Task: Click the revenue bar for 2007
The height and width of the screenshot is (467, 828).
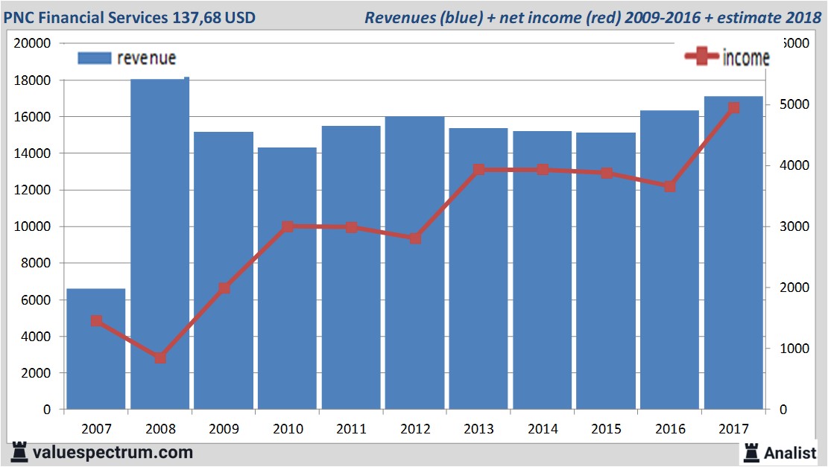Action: (96, 350)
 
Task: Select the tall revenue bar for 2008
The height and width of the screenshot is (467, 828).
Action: (159, 246)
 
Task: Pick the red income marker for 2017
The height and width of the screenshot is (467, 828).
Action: (733, 108)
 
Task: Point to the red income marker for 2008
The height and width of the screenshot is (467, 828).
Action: (160, 358)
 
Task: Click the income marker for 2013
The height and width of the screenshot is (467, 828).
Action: (479, 170)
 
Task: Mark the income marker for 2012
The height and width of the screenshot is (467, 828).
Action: (415, 238)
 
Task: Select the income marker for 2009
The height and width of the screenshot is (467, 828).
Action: (224, 288)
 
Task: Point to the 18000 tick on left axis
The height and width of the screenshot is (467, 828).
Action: (33, 80)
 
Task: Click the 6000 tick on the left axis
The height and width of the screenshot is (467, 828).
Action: (36, 300)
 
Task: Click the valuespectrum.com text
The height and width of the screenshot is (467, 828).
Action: (113, 452)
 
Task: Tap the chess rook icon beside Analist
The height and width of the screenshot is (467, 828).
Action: (751, 451)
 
